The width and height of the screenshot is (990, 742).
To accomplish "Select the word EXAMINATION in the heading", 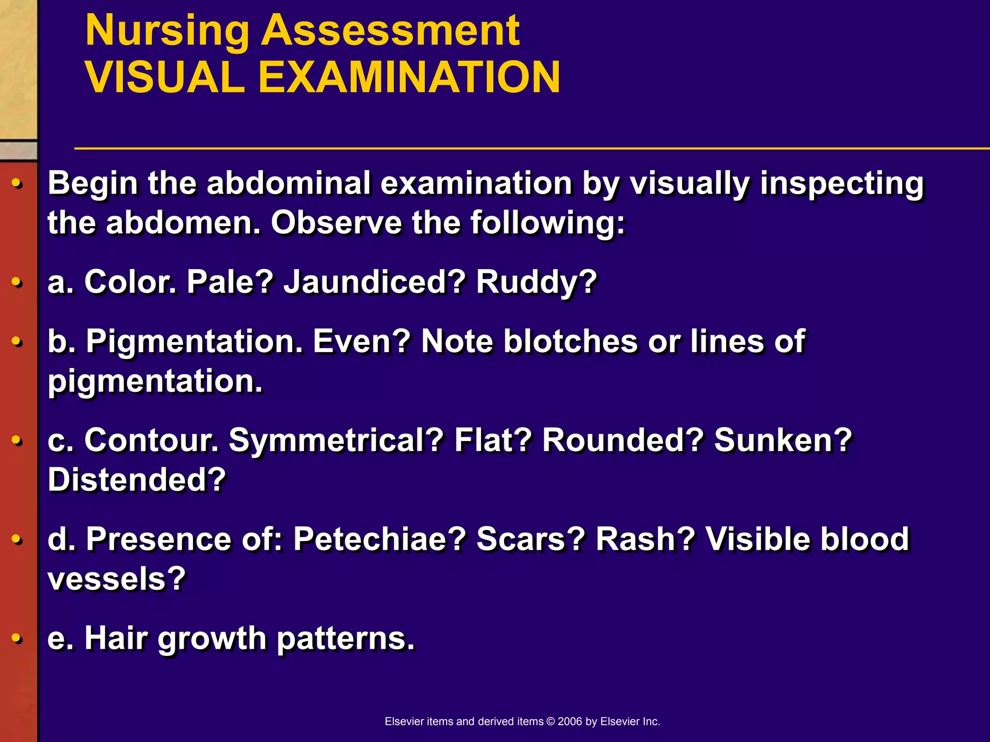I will tap(409, 78).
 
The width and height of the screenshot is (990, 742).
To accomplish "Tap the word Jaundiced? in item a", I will tap(374, 282).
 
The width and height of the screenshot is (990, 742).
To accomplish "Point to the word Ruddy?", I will tap(537, 282).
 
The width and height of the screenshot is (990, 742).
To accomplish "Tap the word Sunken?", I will tap(783, 441).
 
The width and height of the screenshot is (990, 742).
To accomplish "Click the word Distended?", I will tap(137, 480).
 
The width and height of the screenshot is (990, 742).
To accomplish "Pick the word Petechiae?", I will tap(379, 539).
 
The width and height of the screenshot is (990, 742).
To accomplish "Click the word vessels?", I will tap(116, 579).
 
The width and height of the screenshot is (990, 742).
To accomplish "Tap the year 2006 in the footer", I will tap(570, 722).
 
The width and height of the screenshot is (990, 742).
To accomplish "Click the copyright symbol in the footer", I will tap(550, 722).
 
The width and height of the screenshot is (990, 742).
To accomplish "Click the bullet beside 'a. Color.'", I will tap(17, 282).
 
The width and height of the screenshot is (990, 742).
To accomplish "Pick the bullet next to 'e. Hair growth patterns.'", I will tap(17, 638).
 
